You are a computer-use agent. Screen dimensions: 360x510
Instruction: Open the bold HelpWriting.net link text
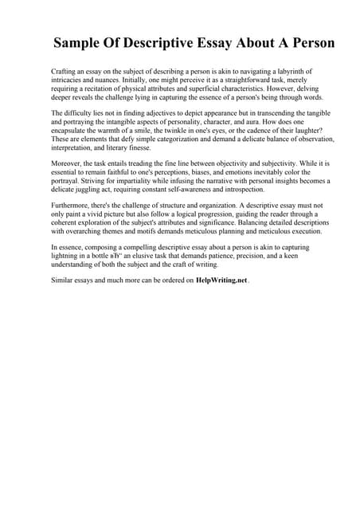[x=221, y=280]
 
